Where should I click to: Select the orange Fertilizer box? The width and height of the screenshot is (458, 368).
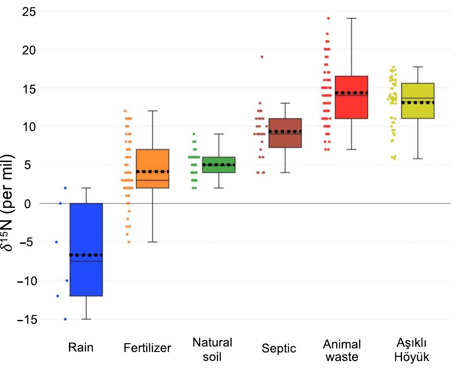tap(152, 160)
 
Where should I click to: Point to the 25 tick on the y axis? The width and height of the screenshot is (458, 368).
tap(29, 11)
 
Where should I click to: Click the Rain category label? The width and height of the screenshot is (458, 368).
tap(81, 348)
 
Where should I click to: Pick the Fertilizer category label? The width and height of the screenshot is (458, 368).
tap(147, 348)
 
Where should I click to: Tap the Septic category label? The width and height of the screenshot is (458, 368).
tap(279, 348)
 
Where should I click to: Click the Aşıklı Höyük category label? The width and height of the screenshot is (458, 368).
tap(412, 350)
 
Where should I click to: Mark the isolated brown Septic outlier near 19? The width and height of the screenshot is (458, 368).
tap(262, 57)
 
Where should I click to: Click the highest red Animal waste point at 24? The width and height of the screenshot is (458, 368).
tap(328, 19)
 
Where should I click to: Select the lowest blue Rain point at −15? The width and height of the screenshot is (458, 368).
tap(65, 319)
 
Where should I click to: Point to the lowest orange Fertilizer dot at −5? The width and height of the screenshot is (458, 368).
tap(128, 242)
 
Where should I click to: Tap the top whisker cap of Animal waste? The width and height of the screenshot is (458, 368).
tap(351, 19)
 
